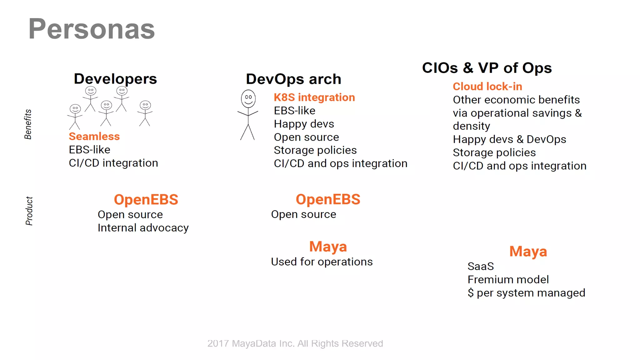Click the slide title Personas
pyautogui.click(x=92, y=29)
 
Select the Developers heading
pyautogui.click(x=115, y=79)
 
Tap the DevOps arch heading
pyautogui.click(x=293, y=79)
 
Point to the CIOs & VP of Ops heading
pyautogui.click(x=487, y=68)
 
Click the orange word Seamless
pyautogui.click(x=94, y=137)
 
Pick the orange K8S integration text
pyautogui.click(x=314, y=97)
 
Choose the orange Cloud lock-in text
pyautogui.click(x=487, y=87)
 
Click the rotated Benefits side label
pyautogui.click(x=28, y=124)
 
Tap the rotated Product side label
pyautogui.click(x=29, y=211)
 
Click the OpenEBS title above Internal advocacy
pyautogui.click(x=146, y=200)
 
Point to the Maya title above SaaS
pyautogui.click(x=528, y=252)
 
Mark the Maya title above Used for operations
pyautogui.click(x=328, y=247)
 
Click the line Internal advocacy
pyautogui.click(x=143, y=228)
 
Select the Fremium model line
pyautogui.click(x=508, y=280)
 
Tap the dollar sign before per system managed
pyautogui.click(x=471, y=293)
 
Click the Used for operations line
pyautogui.click(x=322, y=262)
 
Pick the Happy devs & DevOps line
pyautogui.click(x=509, y=139)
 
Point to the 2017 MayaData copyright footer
pyautogui.click(x=295, y=343)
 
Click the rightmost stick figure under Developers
pyautogui.click(x=145, y=113)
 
